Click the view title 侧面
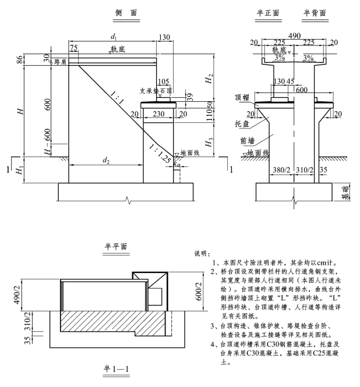(x=126, y=13)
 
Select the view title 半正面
(x=268, y=13)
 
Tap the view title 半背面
(x=315, y=13)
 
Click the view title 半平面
(x=116, y=246)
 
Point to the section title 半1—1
(x=116, y=369)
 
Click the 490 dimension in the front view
(x=294, y=35)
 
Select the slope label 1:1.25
(x=160, y=154)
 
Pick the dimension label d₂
(x=106, y=161)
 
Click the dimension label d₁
(x=114, y=37)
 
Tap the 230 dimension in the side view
(x=158, y=114)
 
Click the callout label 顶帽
(x=242, y=98)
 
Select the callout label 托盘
(x=242, y=123)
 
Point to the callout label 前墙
(x=248, y=141)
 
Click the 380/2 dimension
(x=281, y=170)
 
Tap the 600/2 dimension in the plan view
(x=199, y=291)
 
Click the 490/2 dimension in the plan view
(x=17, y=294)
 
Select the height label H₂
(x=209, y=79)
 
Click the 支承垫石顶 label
(x=156, y=91)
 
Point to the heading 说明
(x=202, y=254)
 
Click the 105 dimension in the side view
(x=163, y=81)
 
